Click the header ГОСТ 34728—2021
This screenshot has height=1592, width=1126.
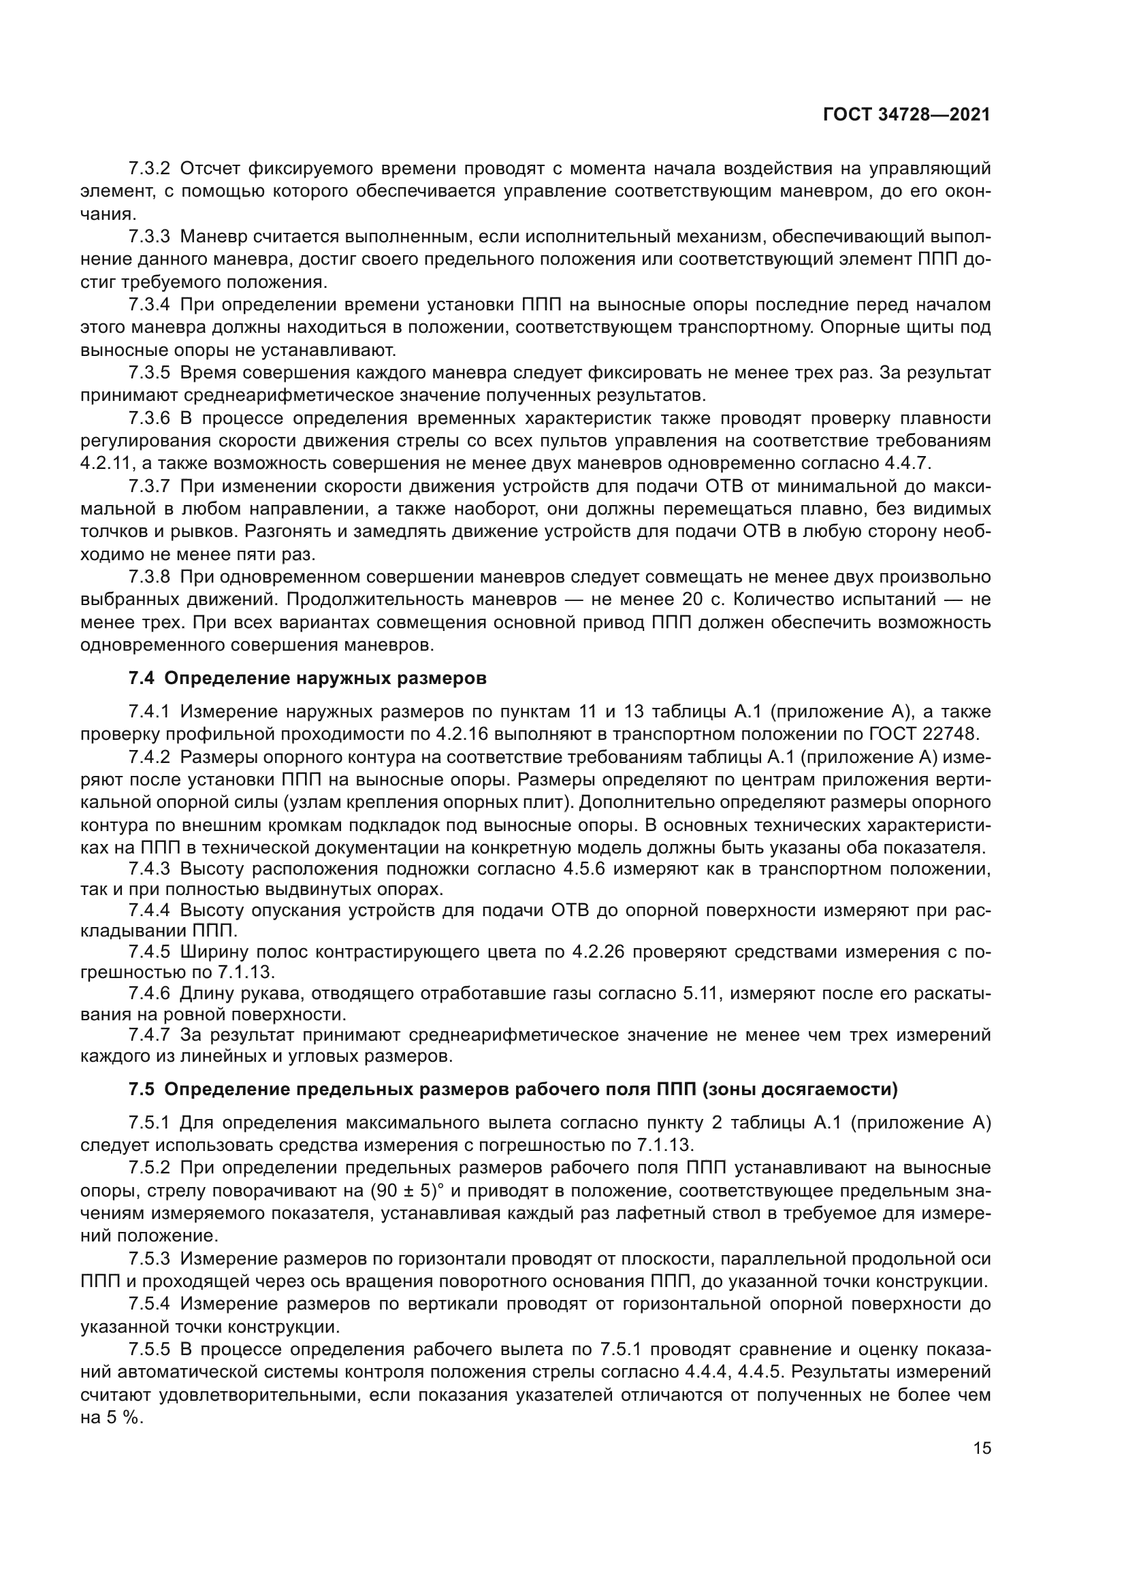point(906,115)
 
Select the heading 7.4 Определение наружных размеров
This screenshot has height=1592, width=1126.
point(307,678)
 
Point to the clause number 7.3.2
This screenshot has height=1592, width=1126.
point(149,169)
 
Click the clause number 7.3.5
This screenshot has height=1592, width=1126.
point(149,373)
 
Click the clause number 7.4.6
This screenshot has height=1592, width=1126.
point(149,994)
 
